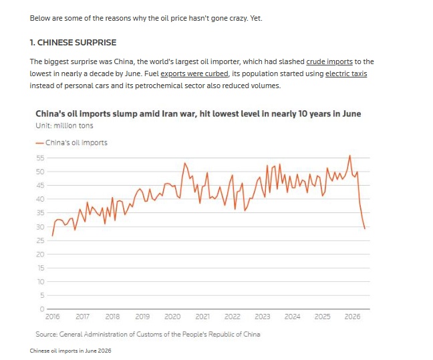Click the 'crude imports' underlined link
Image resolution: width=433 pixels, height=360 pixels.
tap(329, 62)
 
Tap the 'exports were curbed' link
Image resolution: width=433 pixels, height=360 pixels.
tap(194, 74)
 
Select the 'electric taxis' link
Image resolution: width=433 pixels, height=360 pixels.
tap(346, 74)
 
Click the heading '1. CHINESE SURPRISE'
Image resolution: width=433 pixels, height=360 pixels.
tap(74, 43)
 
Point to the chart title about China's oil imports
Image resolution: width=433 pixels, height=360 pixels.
tap(198, 114)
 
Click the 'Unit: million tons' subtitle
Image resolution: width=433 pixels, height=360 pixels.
tap(64, 126)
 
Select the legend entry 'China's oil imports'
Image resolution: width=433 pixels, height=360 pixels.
tap(71, 143)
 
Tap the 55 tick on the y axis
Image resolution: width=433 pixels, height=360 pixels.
tap(40, 158)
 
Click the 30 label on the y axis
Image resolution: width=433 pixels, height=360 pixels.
tap(40, 227)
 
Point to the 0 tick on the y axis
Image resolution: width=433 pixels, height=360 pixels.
tap(42, 309)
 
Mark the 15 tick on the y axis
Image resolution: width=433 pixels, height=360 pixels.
tap(41, 268)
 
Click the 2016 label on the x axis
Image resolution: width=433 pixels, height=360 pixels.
tap(53, 317)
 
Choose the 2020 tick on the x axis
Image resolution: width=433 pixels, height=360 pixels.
tap(172, 317)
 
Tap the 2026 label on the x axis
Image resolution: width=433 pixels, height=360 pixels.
tap(352, 317)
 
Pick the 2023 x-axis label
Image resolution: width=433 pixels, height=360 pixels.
tap(263, 317)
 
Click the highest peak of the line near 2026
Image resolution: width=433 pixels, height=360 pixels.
tap(350, 156)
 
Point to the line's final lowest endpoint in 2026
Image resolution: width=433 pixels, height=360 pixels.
tap(365, 228)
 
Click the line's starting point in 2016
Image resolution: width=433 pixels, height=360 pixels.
tap(52, 236)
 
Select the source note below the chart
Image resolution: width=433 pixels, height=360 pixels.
tap(148, 335)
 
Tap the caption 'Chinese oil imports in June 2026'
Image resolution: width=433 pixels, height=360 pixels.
tap(70, 351)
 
